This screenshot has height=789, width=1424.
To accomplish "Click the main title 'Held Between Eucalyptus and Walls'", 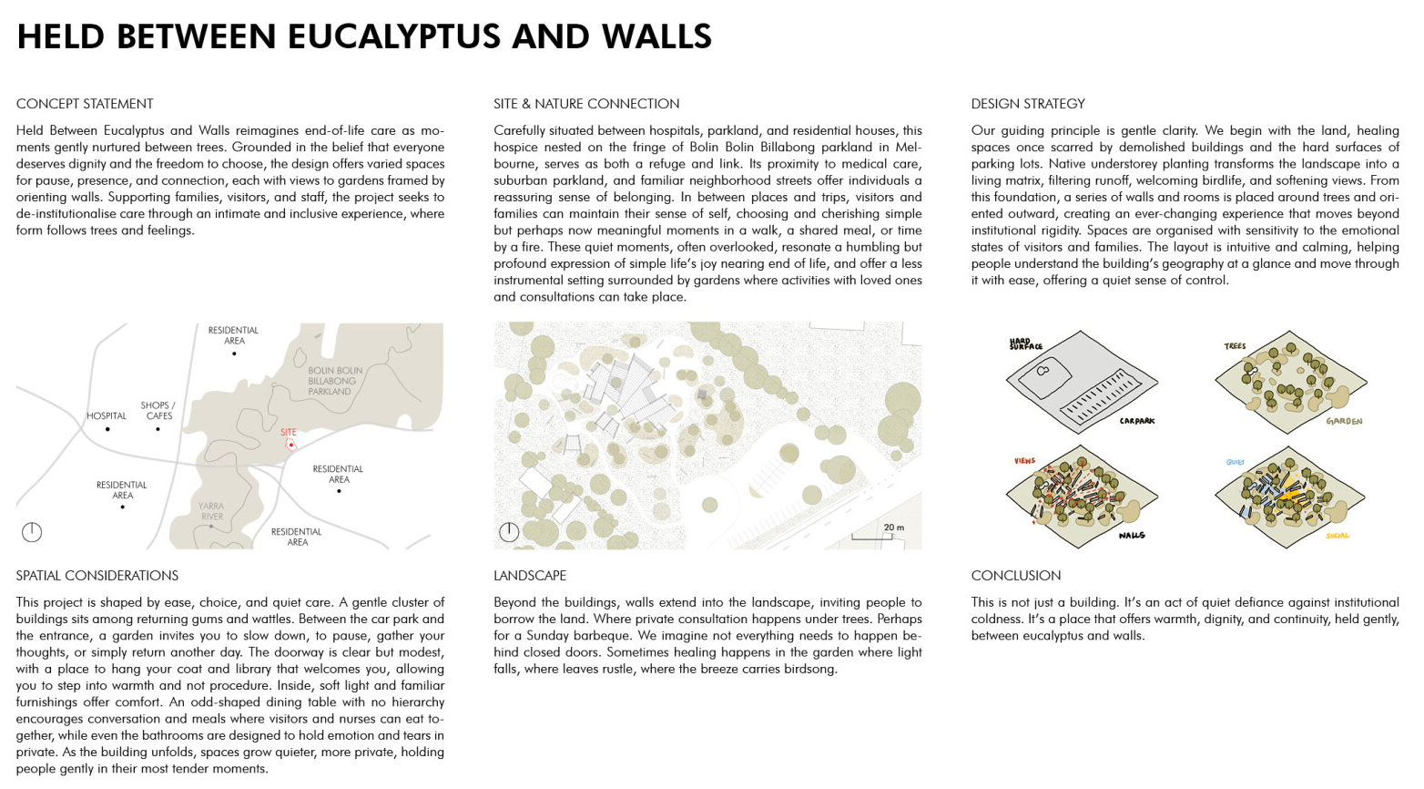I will [364, 37].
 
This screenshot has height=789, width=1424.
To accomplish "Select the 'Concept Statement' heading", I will [85, 104].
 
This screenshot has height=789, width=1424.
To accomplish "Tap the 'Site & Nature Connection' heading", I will [586, 104].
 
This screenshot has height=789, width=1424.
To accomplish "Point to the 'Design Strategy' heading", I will [1028, 104].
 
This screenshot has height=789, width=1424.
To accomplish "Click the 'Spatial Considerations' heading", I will [97, 576].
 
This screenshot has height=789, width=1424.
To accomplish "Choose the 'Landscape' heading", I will [530, 576].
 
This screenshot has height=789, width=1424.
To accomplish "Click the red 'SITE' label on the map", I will [289, 433].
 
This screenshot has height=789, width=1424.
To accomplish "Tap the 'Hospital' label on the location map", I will [107, 416].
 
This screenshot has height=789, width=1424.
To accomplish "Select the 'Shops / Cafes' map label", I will [158, 411].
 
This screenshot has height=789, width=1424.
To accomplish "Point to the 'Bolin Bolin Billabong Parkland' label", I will [334, 381].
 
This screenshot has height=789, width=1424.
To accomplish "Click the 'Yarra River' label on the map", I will [211, 511].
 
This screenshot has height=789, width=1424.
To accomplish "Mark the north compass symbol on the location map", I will [32, 532].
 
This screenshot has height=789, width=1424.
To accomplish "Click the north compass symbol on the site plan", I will [509, 532].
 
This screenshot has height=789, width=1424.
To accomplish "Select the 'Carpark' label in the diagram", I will [1137, 421].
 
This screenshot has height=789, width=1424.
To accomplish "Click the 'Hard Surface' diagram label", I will [1025, 345].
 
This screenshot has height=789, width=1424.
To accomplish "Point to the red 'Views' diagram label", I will [1024, 462].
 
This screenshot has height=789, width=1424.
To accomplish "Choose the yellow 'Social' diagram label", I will [1338, 536].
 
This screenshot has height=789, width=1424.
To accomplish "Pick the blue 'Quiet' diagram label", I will [1235, 463].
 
